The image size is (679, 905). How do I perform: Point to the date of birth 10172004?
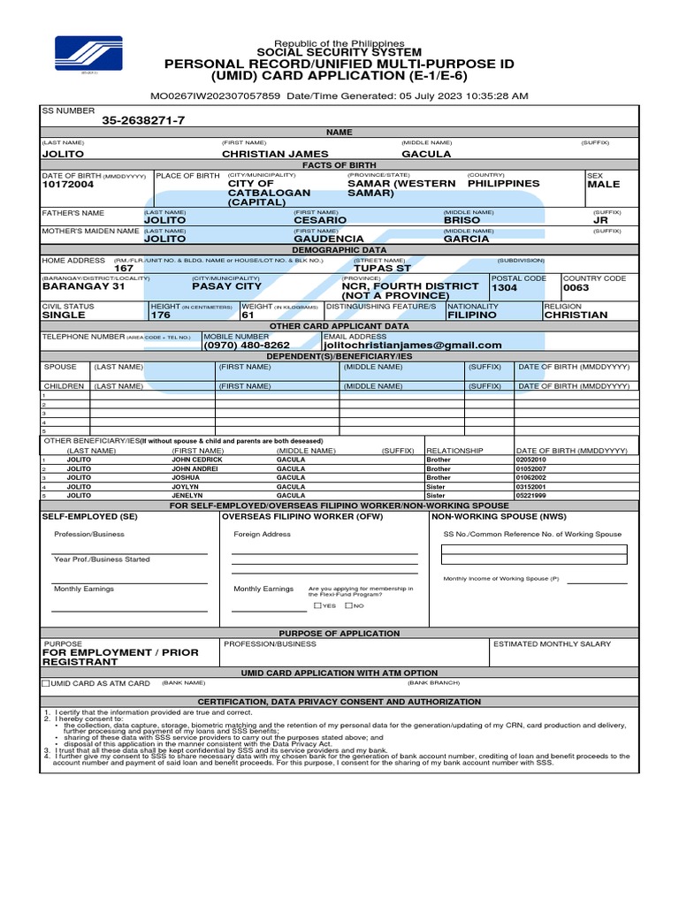pos(68,185)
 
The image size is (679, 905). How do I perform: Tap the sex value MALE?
pos(603,185)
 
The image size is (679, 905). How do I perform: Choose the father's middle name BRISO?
pos(462,220)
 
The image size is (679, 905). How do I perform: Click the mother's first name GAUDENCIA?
pos(328,239)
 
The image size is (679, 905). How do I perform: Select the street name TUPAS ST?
pos(382,268)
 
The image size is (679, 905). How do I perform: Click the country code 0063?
pos(576,287)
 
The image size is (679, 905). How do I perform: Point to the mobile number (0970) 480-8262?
pos(247,346)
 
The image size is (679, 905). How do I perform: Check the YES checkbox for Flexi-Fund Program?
pos(317,605)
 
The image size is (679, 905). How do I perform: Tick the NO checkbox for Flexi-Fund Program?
pos(348,605)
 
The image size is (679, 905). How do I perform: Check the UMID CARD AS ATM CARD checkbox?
pos(46,683)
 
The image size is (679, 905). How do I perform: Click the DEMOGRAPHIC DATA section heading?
pos(339,250)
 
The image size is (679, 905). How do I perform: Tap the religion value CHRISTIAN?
pos(576,315)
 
